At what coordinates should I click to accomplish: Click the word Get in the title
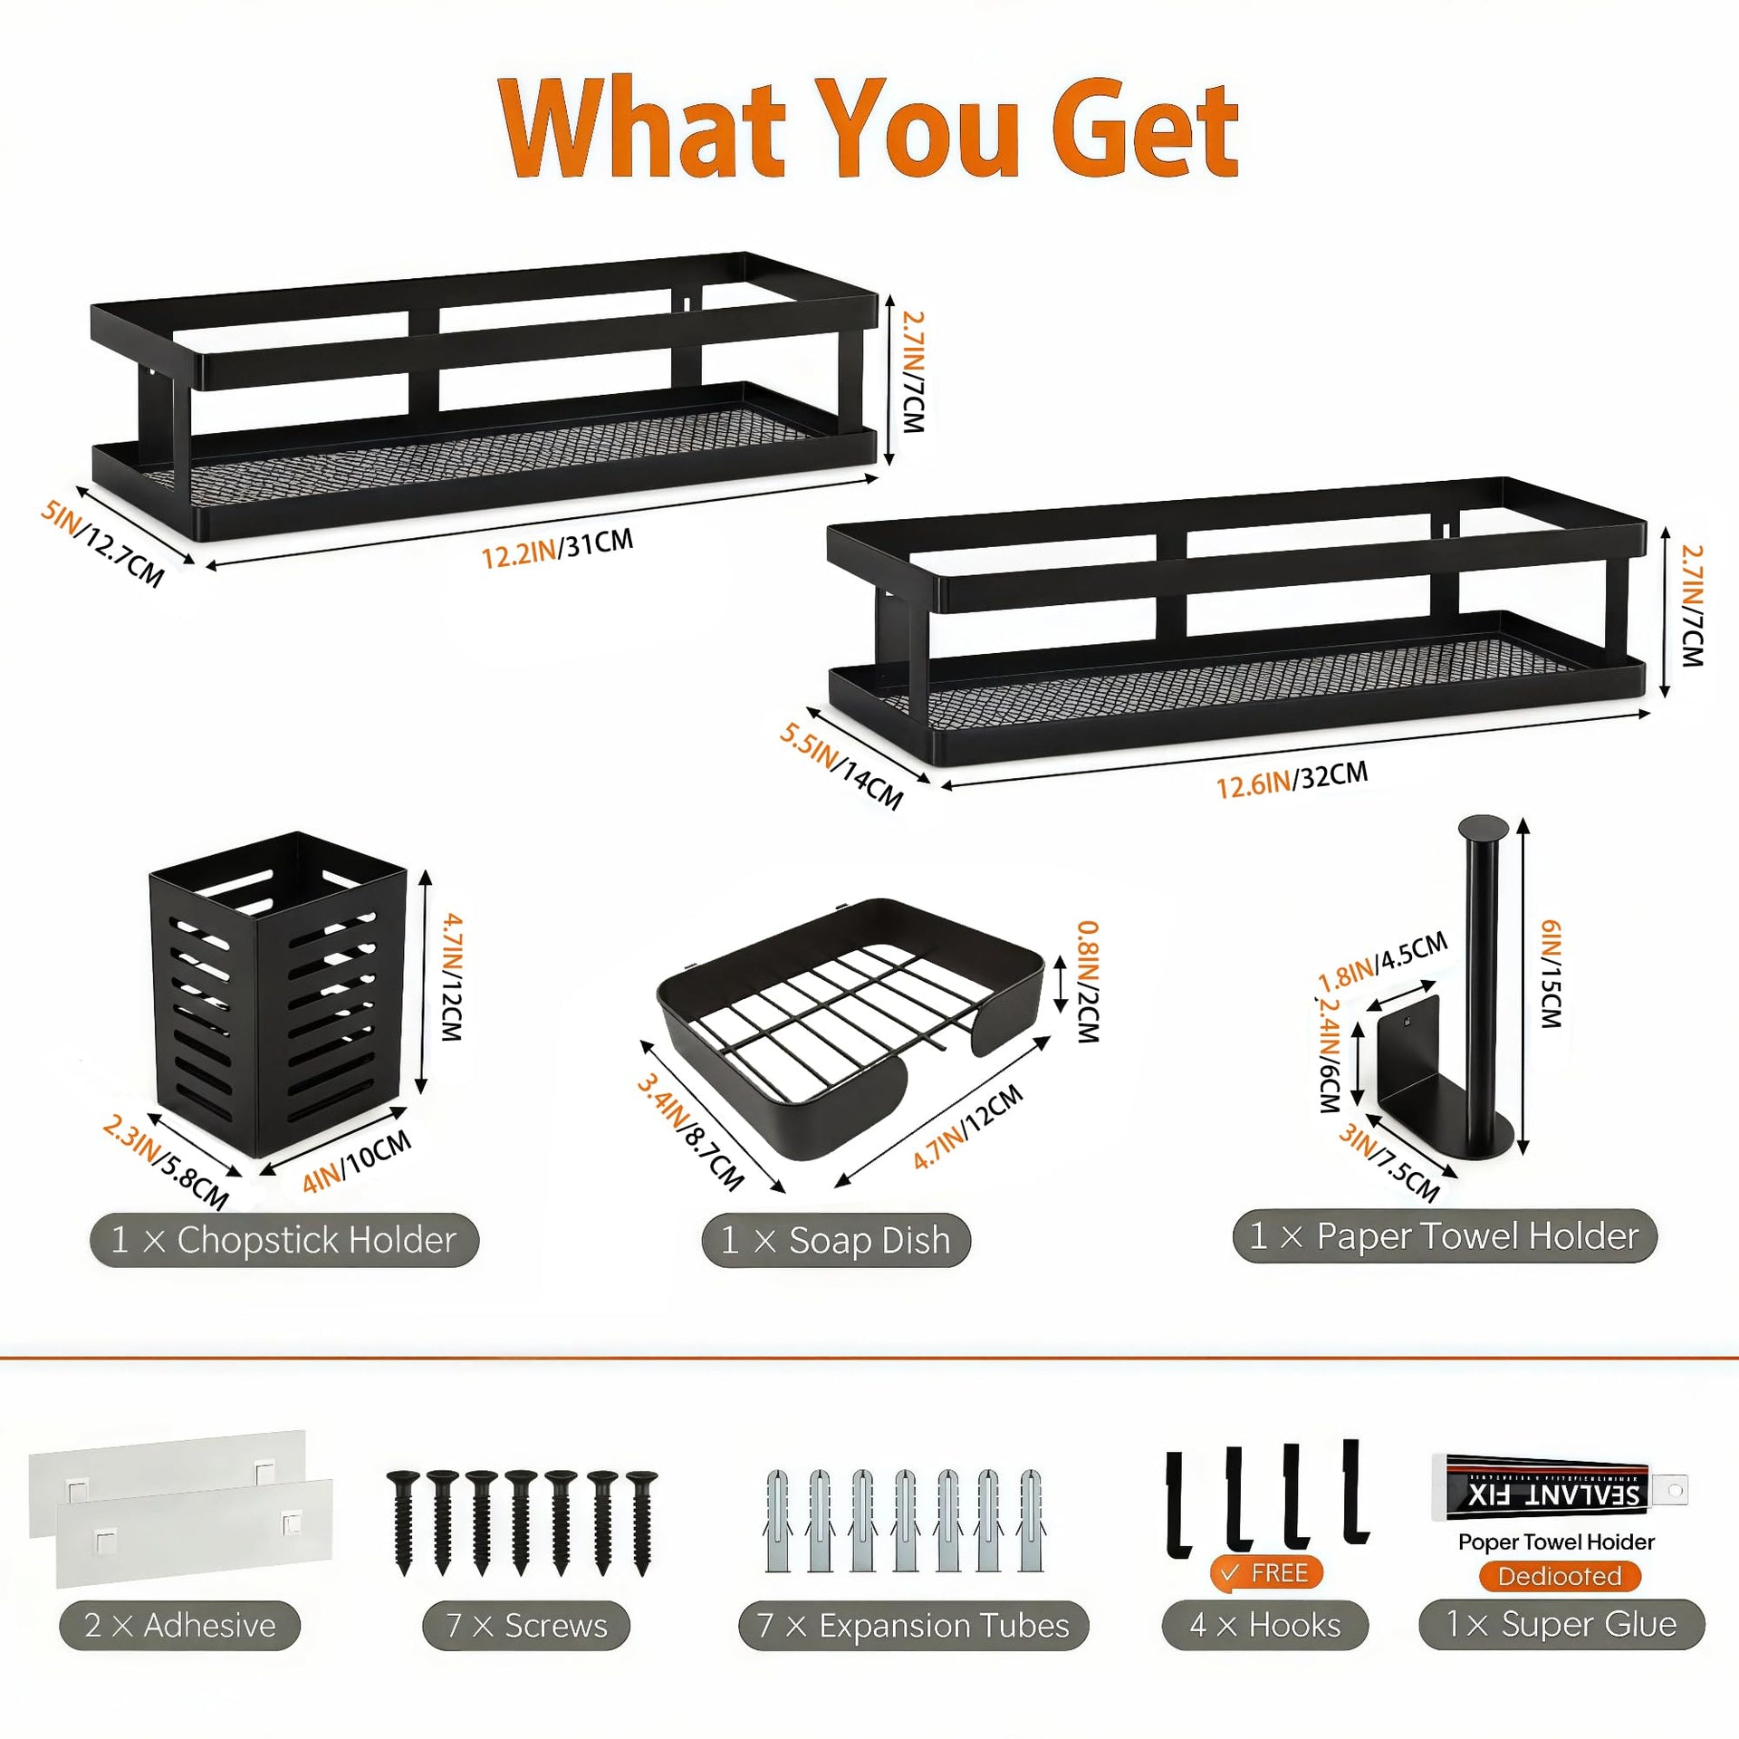[1145, 128]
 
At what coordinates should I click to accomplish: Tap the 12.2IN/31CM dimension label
[556, 548]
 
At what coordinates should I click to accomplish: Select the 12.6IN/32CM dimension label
[1292, 780]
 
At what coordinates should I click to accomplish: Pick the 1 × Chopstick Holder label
[283, 1240]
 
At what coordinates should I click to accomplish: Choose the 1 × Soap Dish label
[836, 1240]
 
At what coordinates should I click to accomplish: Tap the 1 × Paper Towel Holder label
[1445, 1235]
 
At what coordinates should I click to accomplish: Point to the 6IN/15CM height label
[1552, 974]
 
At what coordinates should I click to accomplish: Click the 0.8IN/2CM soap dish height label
[1088, 982]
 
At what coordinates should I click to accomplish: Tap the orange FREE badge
[1266, 1573]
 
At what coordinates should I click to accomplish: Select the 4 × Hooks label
[1265, 1626]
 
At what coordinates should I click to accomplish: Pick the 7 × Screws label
[526, 1626]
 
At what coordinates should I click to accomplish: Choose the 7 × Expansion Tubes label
[914, 1626]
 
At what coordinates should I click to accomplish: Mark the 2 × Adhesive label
[179, 1626]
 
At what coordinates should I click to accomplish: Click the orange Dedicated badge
[1560, 1576]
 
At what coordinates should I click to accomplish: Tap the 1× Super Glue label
[1561, 1624]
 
